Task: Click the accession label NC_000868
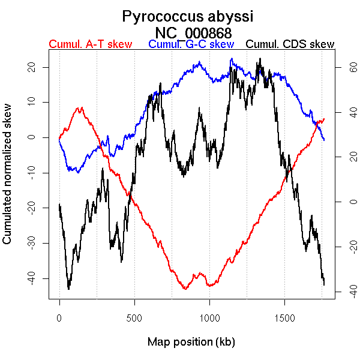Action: [x=193, y=32]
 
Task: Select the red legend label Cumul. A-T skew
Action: [x=91, y=44]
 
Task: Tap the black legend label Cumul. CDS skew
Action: [x=290, y=44]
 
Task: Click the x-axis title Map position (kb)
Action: [x=191, y=342]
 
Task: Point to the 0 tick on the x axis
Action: [x=59, y=316]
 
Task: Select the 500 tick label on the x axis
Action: [x=134, y=316]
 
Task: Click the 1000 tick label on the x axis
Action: [x=209, y=316]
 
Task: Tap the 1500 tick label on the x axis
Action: [x=284, y=316]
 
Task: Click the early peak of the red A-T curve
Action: [x=79, y=108]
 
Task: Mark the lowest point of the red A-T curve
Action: [x=185, y=289]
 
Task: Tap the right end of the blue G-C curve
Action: [x=324, y=140]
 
